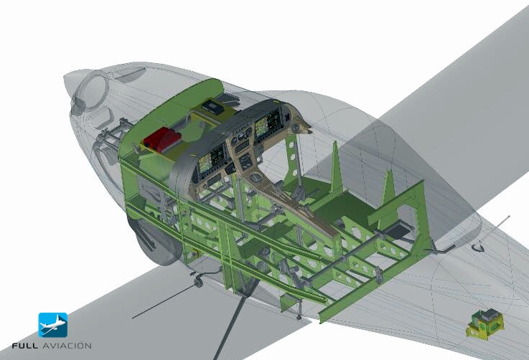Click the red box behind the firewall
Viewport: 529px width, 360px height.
tap(162, 139)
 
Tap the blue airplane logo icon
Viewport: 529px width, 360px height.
tap(53, 325)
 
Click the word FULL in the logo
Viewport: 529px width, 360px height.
tap(25, 346)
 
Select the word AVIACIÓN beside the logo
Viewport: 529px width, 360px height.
tap(67, 345)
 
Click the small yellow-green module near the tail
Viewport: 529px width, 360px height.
tap(484, 324)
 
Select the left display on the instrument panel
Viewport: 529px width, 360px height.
tap(212, 159)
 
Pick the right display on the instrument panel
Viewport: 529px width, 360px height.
tap(267, 124)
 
